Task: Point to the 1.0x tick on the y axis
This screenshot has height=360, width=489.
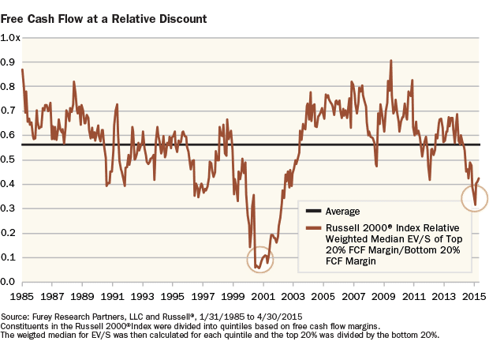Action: click(10, 38)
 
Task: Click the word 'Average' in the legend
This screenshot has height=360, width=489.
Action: click(342, 212)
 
